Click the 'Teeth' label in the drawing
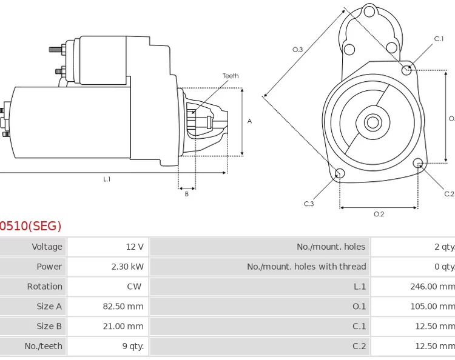(231, 76)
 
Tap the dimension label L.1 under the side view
(107, 179)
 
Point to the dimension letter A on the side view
(249, 121)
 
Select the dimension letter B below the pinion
(186, 195)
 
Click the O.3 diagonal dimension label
(297, 50)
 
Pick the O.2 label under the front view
(379, 214)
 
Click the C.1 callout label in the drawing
(439, 39)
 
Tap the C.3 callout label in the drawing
(309, 204)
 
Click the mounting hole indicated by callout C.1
(407, 70)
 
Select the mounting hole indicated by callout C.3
(340, 174)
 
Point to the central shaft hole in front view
(372, 122)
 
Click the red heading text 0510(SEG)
(30, 226)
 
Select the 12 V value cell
(135, 247)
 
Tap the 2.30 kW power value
(127, 267)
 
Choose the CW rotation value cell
(134, 287)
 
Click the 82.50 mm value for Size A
(123, 307)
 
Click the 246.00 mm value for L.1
(432, 287)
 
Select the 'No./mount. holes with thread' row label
(306, 267)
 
